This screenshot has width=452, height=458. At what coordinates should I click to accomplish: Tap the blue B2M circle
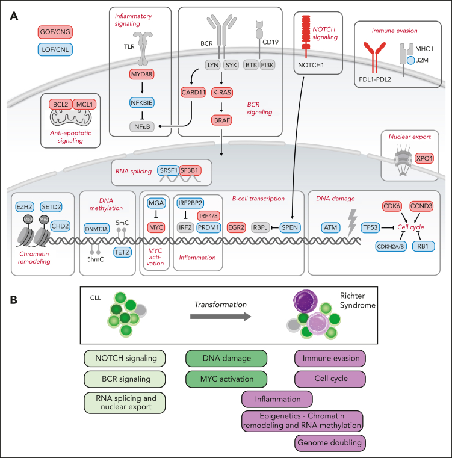click(409, 60)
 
